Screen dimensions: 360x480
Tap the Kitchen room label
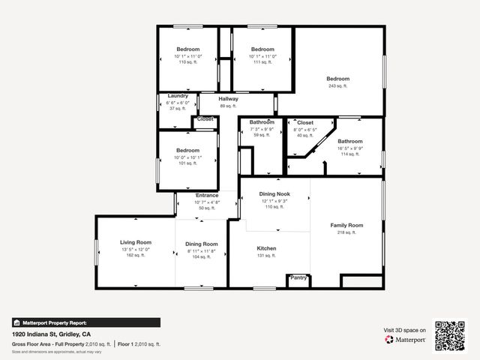[266, 248]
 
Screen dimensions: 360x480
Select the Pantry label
[298, 277]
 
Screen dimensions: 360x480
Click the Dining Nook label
[274, 193]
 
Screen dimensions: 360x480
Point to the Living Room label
[136, 242]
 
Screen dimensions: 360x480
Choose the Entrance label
[207, 196]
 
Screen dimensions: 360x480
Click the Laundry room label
[178, 96]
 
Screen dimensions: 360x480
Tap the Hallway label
[228, 99]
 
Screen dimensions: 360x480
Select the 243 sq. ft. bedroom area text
[337, 86]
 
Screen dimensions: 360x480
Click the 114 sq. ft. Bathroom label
[349, 141]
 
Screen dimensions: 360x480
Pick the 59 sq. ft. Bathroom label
[261, 121]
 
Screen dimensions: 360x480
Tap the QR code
[450, 335]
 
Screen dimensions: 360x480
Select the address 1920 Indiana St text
[51, 334]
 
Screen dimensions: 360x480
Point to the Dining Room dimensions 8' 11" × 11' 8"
[201, 250]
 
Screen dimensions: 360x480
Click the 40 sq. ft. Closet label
[305, 121]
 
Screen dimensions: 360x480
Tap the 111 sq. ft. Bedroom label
[262, 49]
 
